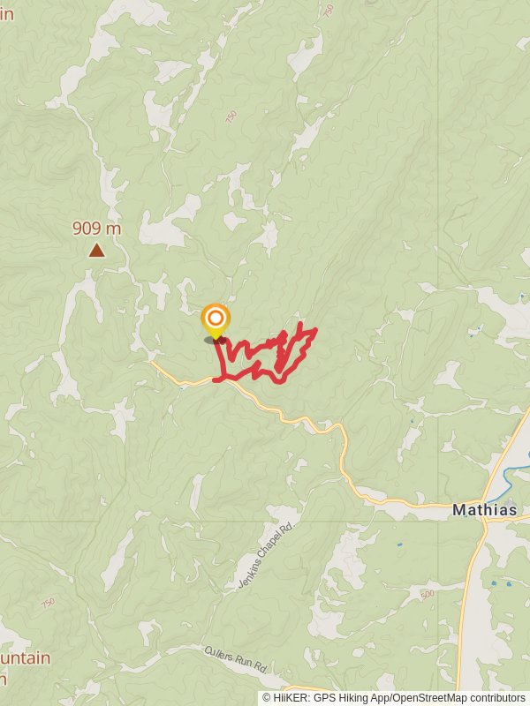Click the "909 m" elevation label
pos(96,229)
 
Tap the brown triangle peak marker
pos(96,251)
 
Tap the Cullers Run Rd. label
pos(235,661)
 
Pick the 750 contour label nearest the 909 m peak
pos(232,117)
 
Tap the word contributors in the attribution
pos(495,698)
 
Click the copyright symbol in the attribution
pos(267,698)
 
